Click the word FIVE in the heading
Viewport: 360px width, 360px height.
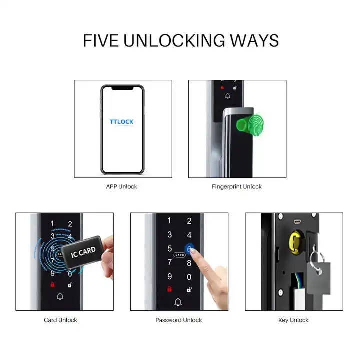[x=101, y=41]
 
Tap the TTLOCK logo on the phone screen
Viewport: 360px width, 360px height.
[x=121, y=122]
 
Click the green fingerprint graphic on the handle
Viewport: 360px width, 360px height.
[x=250, y=125]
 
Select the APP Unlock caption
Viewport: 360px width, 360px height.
[x=121, y=187]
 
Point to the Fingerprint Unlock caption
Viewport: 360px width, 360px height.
[x=237, y=187]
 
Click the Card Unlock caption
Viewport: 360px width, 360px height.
[x=60, y=320]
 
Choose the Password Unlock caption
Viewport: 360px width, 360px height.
[x=179, y=320]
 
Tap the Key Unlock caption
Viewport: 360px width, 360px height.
[x=293, y=320]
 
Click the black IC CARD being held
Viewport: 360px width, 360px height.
[x=83, y=252]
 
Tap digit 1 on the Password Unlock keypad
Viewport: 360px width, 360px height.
[x=169, y=221]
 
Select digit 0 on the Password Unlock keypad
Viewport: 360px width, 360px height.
[x=189, y=277]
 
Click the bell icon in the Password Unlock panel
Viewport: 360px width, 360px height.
[x=178, y=302]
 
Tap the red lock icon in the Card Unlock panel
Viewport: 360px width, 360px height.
[x=52, y=284]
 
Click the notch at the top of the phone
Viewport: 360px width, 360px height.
[x=122, y=88]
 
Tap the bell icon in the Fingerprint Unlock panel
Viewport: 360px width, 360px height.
[x=228, y=96]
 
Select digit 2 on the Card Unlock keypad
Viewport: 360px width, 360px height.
[x=70, y=224]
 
